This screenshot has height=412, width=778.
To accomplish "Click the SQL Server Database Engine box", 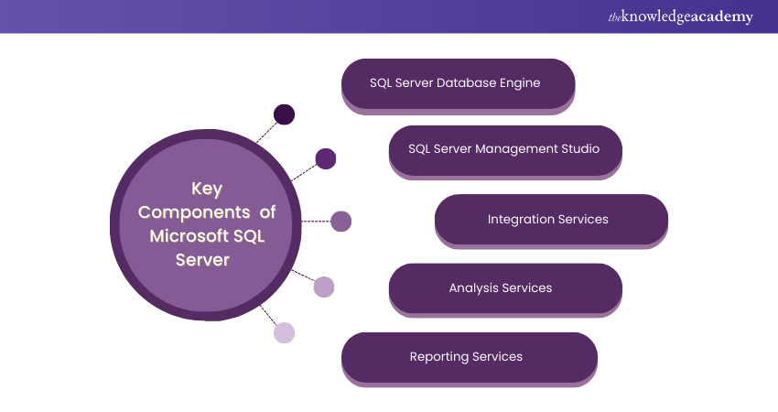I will [x=458, y=84].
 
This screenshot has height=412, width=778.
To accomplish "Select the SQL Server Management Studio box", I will [x=505, y=149].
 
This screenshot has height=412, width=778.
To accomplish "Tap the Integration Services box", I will [x=551, y=220].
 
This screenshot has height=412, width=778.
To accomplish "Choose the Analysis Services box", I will [x=505, y=288].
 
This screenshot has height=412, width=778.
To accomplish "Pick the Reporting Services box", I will [x=469, y=357].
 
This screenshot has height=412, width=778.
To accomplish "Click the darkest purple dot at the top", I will [x=285, y=114].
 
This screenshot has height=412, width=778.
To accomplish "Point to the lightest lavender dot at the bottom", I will [x=285, y=333].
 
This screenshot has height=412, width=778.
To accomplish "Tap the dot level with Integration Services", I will [x=340, y=221].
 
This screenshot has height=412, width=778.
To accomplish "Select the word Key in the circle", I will [x=207, y=189].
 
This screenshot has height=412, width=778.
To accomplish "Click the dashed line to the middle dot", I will [x=315, y=221].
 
